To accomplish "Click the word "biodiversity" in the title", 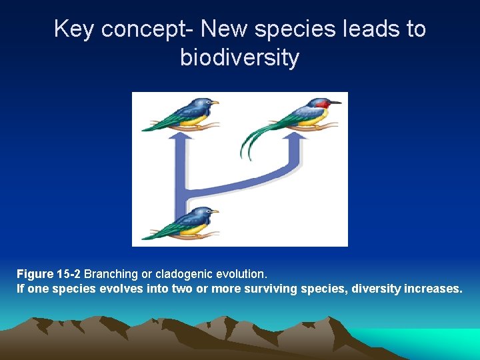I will [x=239, y=58].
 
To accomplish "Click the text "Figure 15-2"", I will [x=49, y=274].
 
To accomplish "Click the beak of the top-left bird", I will [x=215, y=102].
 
